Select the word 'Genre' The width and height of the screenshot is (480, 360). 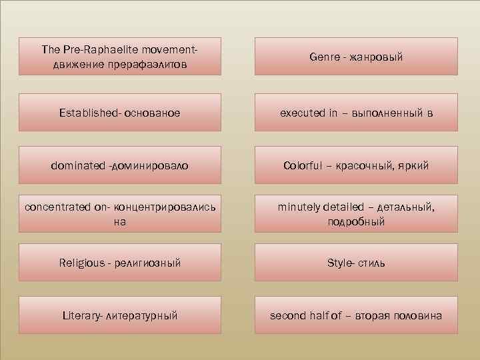(324, 57)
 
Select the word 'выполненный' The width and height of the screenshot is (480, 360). (385, 113)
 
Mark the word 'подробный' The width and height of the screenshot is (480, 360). (356, 222)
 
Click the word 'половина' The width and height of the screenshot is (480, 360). (417, 315)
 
